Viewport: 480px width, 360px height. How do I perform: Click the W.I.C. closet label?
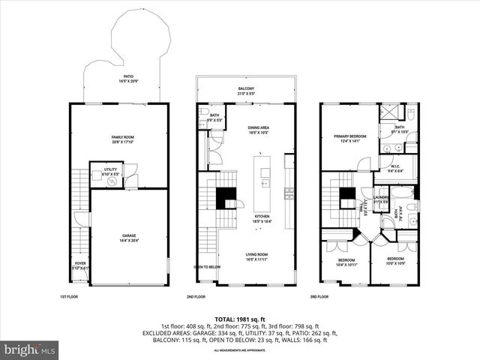point(395,168)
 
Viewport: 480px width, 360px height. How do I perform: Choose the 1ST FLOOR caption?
point(69,297)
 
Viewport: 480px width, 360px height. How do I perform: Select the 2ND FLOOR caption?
point(206,297)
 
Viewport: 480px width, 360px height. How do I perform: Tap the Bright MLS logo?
point(30,349)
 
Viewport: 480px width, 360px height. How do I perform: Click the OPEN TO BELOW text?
point(206,267)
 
